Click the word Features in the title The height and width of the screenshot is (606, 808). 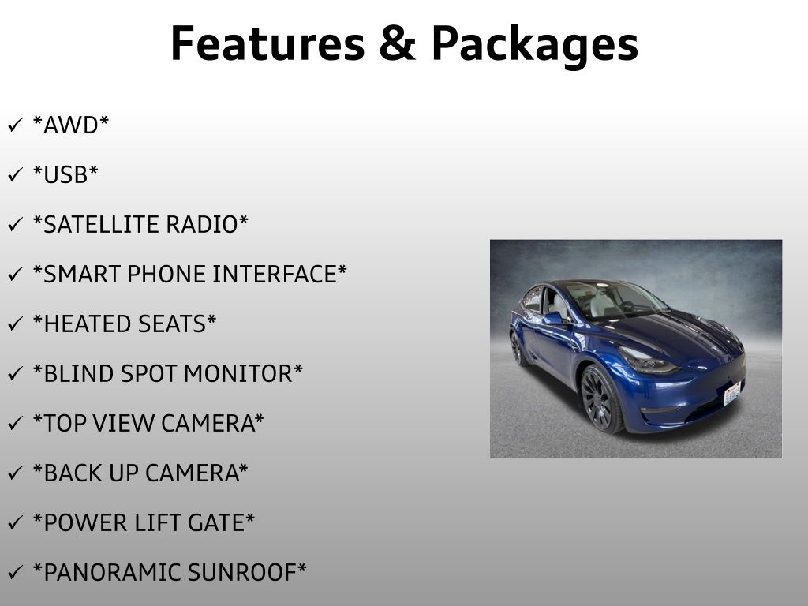(267, 43)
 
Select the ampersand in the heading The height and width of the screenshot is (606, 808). (398, 43)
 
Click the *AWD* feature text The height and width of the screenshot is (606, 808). (70, 125)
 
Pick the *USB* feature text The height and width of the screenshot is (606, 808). (65, 174)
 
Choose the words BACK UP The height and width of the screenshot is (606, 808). (91, 473)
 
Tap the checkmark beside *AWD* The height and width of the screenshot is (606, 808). (16, 125)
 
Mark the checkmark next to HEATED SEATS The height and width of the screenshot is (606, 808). (16, 324)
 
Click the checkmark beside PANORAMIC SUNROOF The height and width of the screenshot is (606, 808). (16, 572)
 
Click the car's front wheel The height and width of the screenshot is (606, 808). (600, 399)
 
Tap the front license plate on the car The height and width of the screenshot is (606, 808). (732, 394)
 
